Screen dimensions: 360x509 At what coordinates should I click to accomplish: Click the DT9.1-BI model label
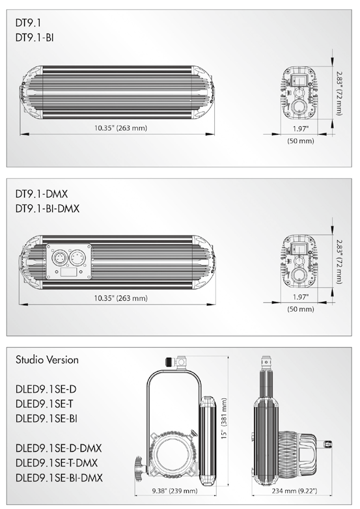coord(35,38)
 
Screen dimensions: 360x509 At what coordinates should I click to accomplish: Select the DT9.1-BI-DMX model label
coord(48,208)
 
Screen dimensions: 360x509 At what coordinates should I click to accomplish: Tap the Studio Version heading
coord(47,360)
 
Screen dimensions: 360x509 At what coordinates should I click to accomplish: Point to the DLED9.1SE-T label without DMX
coord(44,404)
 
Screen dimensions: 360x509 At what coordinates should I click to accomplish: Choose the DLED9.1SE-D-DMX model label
coord(59,448)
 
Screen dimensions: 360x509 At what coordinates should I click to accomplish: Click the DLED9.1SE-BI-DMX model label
coord(59,478)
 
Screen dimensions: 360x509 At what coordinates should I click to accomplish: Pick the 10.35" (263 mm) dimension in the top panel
coord(120,128)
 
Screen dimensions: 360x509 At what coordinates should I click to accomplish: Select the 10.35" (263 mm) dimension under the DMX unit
coord(120,298)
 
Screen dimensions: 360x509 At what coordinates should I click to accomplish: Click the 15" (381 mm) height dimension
coord(225,419)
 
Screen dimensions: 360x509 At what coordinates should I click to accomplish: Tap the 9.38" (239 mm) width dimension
coord(174,491)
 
